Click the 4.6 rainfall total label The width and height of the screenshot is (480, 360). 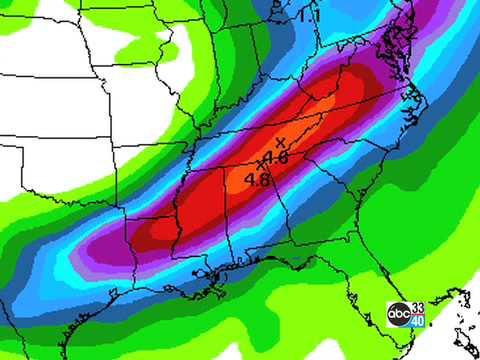click(277, 158)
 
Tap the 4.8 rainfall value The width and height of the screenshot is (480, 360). click(257, 180)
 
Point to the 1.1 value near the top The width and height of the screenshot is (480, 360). click(309, 16)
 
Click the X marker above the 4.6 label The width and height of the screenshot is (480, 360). click(280, 142)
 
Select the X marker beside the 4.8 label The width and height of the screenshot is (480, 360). click(262, 163)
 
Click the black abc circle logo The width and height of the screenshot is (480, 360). click(398, 312)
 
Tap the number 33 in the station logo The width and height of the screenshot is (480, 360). click(418, 306)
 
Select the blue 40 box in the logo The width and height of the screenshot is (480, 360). click(418, 320)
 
